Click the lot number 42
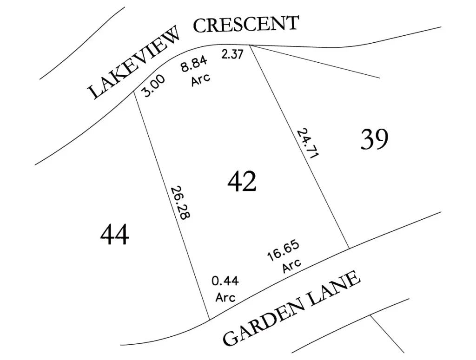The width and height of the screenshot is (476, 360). click(x=242, y=182)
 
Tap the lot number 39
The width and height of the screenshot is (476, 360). click(x=374, y=139)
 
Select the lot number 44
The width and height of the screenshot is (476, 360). click(x=115, y=235)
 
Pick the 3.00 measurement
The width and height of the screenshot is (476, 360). click(x=153, y=86)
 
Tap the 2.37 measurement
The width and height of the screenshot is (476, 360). click(x=232, y=54)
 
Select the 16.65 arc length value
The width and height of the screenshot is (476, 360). click(x=283, y=251)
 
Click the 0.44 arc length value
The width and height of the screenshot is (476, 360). click(x=225, y=281)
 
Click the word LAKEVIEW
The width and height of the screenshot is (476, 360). click(x=134, y=64)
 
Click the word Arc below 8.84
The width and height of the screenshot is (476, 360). click(x=201, y=79)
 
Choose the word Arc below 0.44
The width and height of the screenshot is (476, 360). click(x=225, y=297)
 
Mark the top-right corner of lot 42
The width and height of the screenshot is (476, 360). click(x=250, y=45)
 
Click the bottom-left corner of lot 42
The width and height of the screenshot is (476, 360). click(x=209, y=320)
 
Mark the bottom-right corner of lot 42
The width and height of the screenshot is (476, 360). click(x=349, y=249)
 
